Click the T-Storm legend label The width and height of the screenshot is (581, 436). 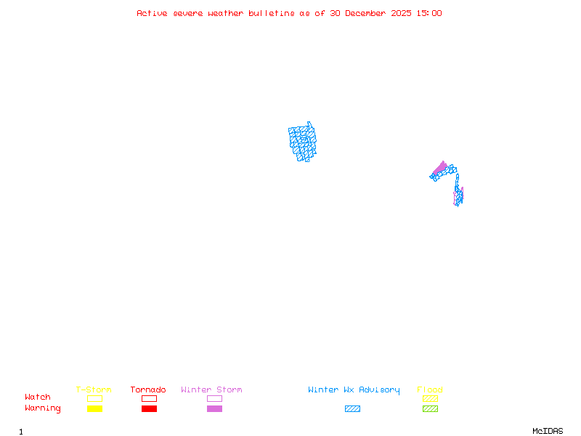94,390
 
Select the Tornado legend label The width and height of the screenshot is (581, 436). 148,390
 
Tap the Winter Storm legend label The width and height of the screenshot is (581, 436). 211,390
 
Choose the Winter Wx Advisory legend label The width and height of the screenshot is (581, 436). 354,390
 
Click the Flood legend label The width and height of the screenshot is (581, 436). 430,390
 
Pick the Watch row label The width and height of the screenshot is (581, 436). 38,397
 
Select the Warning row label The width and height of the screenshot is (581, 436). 43,408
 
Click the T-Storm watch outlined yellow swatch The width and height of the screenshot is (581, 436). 94,398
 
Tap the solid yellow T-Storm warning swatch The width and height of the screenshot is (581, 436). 94,408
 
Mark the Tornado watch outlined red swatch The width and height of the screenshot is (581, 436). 149,398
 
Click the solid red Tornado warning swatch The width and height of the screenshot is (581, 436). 149,408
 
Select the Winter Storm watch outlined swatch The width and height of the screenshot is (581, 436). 214,398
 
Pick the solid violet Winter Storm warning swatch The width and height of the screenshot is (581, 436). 214,408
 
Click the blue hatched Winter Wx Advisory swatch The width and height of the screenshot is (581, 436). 352,408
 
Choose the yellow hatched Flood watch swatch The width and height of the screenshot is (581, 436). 430,398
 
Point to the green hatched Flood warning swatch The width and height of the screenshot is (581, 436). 430,408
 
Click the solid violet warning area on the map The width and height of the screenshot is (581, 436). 439,169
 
